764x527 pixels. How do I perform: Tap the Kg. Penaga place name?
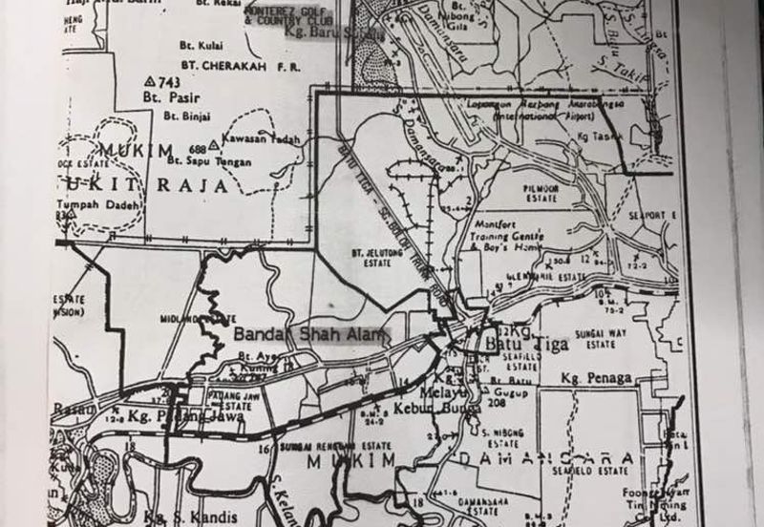[596, 378]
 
